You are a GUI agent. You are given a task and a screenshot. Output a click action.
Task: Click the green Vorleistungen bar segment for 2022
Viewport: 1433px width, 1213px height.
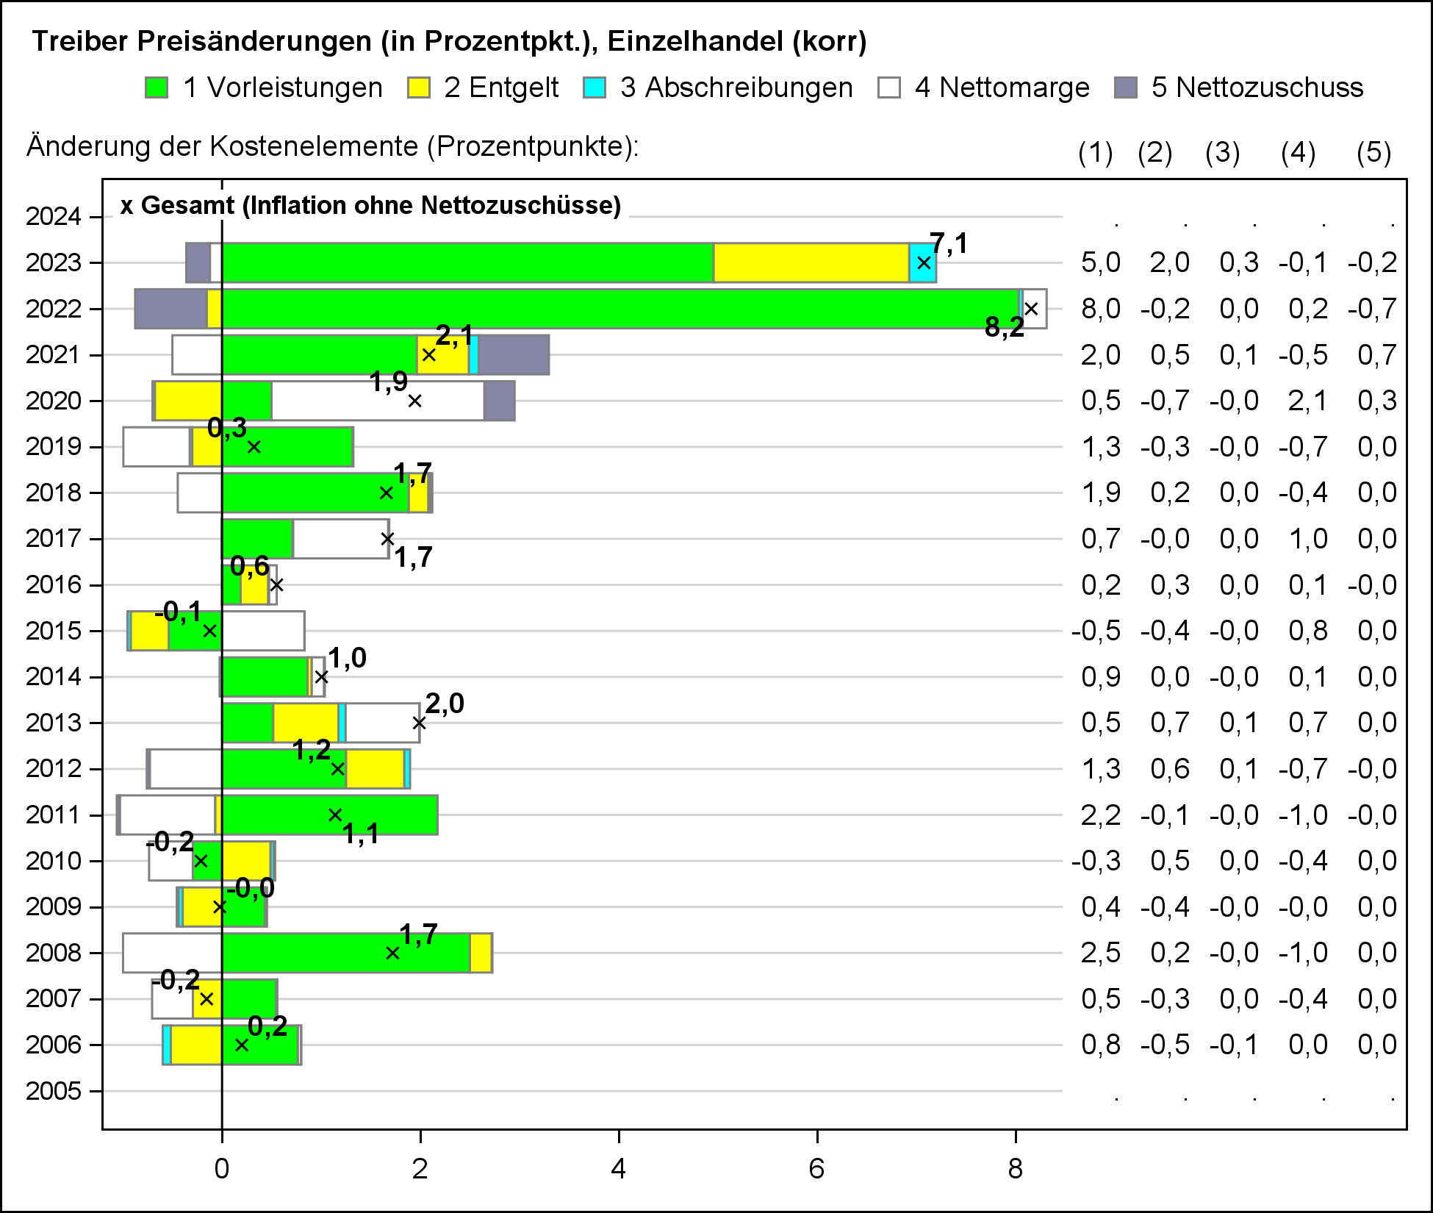pyautogui.click(x=617, y=309)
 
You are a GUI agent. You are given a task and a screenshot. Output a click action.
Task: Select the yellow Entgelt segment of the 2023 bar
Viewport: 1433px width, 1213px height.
pyautogui.click(x=811, y=262)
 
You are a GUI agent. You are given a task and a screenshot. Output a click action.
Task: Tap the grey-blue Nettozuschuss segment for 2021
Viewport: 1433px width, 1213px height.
pyautogui.click(x=513, y=355)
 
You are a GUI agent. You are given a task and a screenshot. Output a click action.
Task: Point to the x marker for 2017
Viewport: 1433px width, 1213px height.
pyautogui.click(x=387, y=539)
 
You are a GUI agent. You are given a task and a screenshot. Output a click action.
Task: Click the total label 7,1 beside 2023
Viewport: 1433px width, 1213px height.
pyautogui.click(x=949, y=243)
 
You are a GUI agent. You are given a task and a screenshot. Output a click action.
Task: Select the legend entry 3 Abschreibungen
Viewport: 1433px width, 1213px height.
pyautogui.click(x=736, y=87)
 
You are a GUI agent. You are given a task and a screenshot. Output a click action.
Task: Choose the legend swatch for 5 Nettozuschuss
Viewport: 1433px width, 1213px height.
pyautogui.click(x=1126, y=87)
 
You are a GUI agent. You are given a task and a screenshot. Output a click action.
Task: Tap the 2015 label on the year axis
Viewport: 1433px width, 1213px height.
pyautogui.click(x=53, y=631)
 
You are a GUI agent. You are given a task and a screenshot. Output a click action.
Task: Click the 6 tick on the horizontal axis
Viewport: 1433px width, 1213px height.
pyautogui.click(x=816, y=1169)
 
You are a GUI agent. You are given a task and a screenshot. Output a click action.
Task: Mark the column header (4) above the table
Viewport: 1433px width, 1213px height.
pyautogui.click(x=1298, y=153)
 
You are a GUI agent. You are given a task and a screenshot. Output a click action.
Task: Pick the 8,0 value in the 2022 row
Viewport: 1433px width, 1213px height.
pyautogui.click(x=1100, y=309)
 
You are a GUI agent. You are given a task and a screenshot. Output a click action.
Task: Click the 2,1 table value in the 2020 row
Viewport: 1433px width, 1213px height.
pyautogui.click(x=1307, y=401)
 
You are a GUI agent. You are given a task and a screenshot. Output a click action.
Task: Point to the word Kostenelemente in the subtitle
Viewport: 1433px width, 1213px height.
pyautogui.click(x=312, y=146)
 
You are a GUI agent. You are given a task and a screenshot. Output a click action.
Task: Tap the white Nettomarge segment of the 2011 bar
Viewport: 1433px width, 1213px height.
pyautogui.click(x=168, y=815)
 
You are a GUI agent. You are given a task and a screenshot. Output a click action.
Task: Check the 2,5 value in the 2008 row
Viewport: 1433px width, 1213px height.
pyautogui.click(x=1100, y=953)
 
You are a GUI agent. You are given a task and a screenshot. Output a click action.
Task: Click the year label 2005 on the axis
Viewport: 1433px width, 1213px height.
pyautogui.click(x=53, y=1091)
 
